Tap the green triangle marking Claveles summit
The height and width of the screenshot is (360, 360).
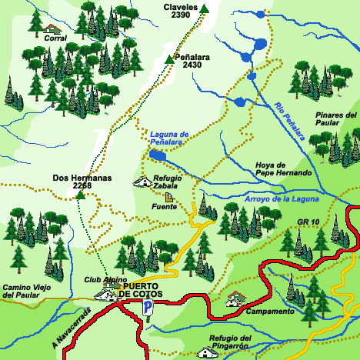click(x=205, y=9)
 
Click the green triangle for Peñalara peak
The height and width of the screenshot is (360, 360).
click(x=169, y=59)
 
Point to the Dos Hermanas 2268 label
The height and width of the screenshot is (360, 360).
click(x=82, y=182)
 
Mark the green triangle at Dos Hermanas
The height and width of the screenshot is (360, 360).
click(x=81, y=195)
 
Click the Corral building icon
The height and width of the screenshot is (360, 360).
click(x=53, y=28)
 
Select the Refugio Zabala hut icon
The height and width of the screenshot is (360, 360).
click(x=143, y=182)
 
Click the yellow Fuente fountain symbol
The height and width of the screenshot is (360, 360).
click(x=168, y=197)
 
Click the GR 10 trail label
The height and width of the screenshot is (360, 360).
click(x=307, y=222)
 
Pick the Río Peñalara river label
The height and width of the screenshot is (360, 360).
click(x=289, y=122)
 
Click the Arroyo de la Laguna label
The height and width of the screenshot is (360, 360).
click(x=280, y=199)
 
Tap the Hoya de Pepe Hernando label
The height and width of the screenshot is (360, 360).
click(x=283, y=168)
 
